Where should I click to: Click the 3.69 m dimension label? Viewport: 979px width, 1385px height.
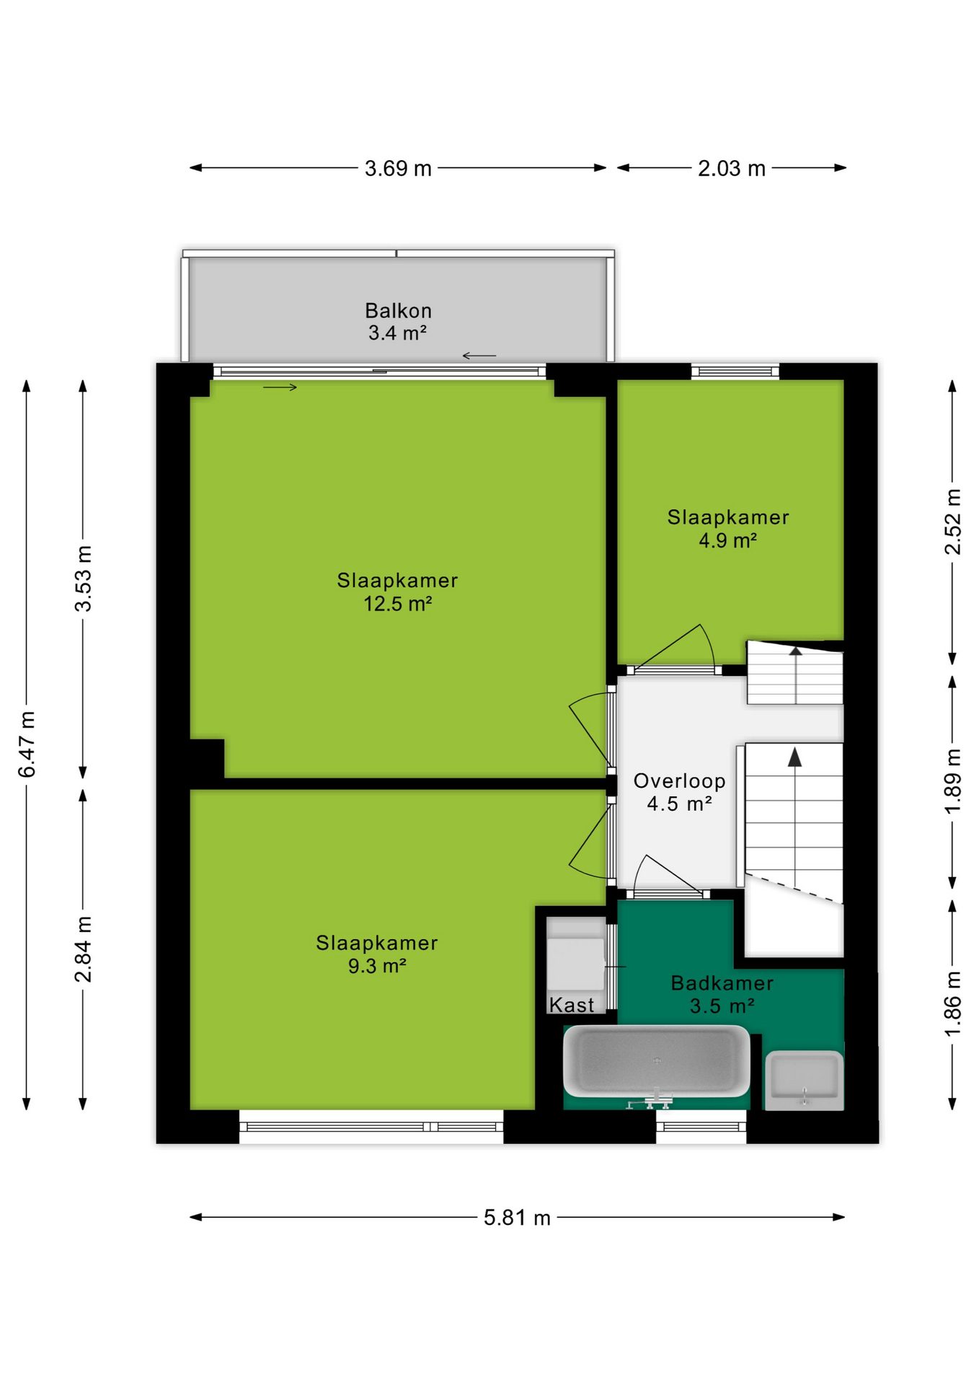click(398, 168)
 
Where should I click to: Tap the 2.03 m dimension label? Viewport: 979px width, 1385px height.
click(731, 168)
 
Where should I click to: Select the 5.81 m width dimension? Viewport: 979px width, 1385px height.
click(517, 1218)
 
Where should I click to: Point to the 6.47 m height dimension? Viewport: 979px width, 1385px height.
click(27, 744)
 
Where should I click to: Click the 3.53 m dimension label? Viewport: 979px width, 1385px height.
click(84, 579)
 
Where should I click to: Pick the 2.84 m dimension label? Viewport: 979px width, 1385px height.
click(84, 949)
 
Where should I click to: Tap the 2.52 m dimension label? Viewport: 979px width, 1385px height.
click(953, 522)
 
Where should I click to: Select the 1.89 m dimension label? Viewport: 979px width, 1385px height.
click(953, 781)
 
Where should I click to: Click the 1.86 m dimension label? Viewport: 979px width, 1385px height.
click(953, 1004)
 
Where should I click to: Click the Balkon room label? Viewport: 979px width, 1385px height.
click(398, 310)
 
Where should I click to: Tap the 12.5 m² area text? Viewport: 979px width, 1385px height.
click(398, 604)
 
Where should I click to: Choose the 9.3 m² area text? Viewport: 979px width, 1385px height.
click(377, 966)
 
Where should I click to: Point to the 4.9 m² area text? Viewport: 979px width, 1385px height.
click(728, 540)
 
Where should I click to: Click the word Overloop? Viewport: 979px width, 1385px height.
click(680, 781)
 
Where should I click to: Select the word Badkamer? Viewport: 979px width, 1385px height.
click(722, 983)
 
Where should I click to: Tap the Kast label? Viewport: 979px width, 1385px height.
click(572, 1005)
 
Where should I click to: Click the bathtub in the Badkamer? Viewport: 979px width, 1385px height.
click(657, 1061)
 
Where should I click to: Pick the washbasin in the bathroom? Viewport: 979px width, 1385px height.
click(804, 1080)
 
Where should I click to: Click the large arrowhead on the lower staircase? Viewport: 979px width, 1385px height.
click(794, 757)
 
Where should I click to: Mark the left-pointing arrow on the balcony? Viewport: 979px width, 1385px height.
click(479, 356)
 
